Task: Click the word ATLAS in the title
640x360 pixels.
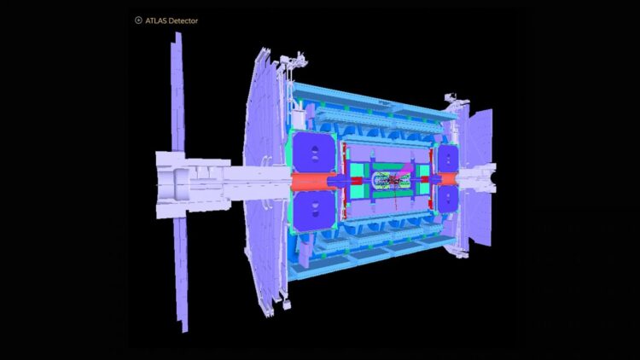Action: (157, 20)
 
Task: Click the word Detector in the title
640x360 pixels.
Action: (184, 20)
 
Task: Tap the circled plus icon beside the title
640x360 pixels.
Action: (138, 20)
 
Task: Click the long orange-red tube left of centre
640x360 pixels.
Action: (311, 181)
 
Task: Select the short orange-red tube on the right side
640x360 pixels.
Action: (446, 179)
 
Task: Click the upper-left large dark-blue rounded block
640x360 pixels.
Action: (313, 152)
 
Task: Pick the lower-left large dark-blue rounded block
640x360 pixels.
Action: (313, 211)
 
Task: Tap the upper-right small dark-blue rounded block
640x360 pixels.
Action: (447, 160)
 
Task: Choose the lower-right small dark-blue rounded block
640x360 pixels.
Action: (447, 199)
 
